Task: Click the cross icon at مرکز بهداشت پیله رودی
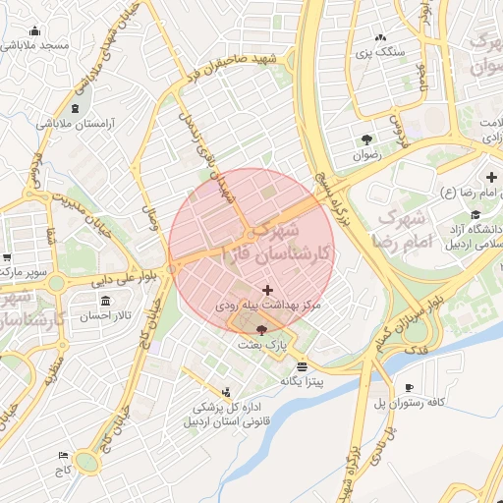[x=268, y=290]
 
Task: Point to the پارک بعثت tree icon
[x=260, y=329]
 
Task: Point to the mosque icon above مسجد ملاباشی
[x=35, y=30]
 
